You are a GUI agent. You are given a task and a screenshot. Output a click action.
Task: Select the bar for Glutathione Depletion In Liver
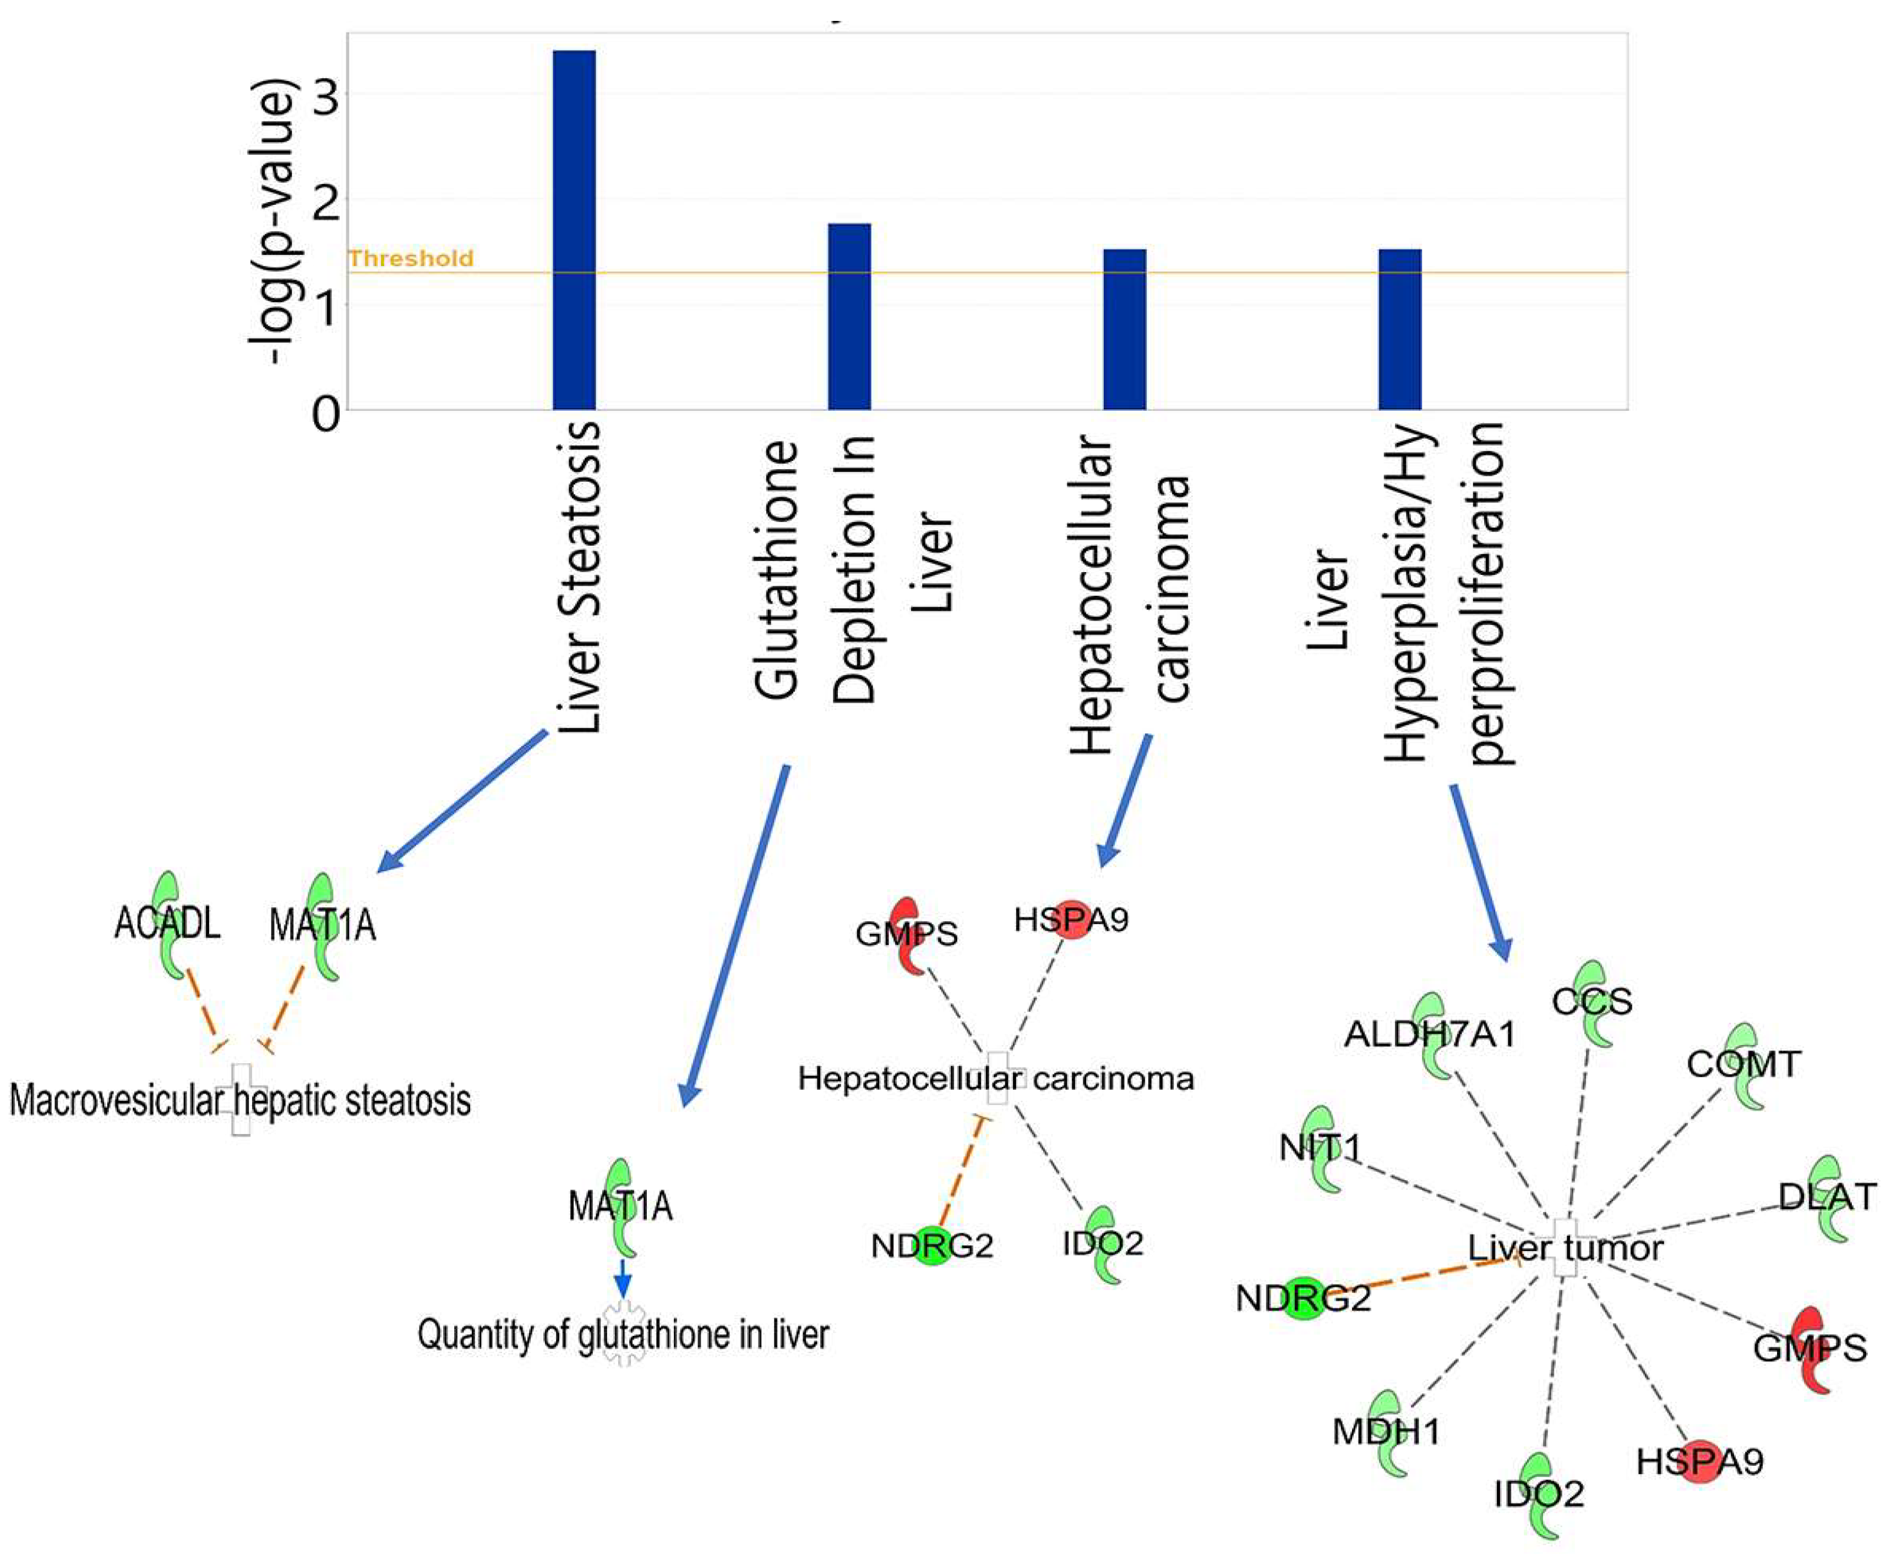(848, 316)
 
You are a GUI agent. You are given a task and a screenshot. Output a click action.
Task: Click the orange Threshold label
(410, 259)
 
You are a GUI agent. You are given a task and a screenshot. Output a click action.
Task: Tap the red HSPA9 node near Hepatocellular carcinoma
(1071, 919)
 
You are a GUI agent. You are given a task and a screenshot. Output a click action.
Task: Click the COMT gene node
(1743, 1064)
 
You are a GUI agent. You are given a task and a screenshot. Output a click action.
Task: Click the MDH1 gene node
(1386, 1432)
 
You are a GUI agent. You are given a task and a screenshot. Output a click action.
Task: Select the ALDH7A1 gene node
(1429, 1035)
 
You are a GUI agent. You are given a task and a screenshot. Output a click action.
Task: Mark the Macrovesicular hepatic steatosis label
(240, 1101)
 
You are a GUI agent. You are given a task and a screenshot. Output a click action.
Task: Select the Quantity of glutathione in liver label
(623, 1335)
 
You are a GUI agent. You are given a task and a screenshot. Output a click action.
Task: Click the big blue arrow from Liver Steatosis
(461, 801)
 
